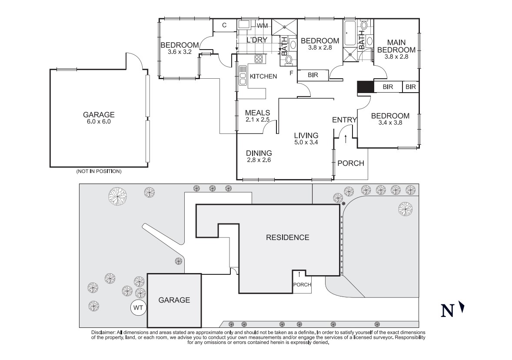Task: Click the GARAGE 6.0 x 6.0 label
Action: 99,118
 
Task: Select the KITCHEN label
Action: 263,77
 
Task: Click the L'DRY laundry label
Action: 256,40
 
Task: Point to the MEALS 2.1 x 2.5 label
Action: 257,116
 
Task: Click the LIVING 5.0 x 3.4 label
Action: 306,138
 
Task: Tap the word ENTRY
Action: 344,120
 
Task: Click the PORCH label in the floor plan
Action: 351,163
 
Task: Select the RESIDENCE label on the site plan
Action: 287,237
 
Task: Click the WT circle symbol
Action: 138,308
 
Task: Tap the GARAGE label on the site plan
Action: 174,300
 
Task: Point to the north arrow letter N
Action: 448,310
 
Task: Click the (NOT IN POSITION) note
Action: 99,171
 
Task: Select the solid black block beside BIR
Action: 365,87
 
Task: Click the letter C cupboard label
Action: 224,25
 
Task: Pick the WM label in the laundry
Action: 262,26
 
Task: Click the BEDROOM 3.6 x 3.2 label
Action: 180,48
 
